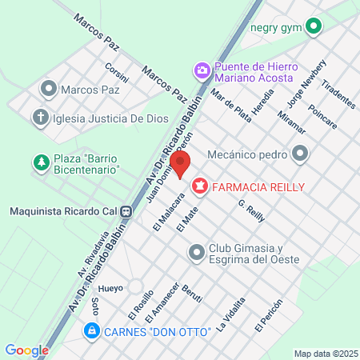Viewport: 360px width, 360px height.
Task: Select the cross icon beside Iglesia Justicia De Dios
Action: tap(40, 118)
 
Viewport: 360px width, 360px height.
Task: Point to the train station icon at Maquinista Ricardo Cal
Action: tap(126, 211)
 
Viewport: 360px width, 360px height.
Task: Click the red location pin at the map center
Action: tap(181, 165)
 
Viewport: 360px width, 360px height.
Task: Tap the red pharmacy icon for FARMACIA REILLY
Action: tap(198, 186)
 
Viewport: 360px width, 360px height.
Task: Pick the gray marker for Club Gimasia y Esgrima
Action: tap(196, 253)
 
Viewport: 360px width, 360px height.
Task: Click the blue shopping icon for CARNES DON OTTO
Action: tap(91, 330)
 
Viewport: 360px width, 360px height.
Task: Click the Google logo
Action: tap(26, 350)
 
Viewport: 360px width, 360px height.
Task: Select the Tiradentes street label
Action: tap(337, 94)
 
